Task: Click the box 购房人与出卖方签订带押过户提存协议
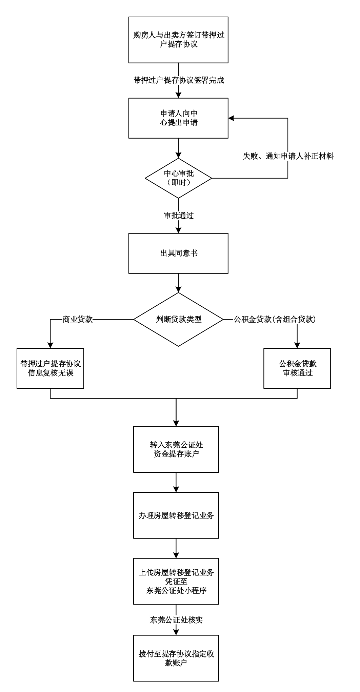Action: [178, 40]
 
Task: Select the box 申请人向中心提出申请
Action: [178, 118]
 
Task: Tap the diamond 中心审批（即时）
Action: [178, 178]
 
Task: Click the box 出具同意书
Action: [178, 253]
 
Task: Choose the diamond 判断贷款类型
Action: [178, 319]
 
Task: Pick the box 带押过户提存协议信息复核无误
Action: [50, 368]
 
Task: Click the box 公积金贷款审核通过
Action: [297, 368]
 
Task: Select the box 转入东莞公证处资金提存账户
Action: [176, 449]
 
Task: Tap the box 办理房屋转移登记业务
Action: [176, 515]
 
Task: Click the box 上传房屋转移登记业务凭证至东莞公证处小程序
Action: [176, 581]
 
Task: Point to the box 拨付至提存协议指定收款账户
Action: [176, 658]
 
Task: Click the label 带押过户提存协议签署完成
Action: [179, 80]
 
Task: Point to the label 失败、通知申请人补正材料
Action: [288, 156]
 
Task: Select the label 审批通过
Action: [179, 215]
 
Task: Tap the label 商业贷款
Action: [78, 319]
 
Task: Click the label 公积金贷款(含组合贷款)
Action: [275, 319]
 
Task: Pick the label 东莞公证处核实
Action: [176, 620]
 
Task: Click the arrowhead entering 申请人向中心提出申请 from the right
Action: [231, 118]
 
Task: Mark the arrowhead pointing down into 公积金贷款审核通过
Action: [297, 346]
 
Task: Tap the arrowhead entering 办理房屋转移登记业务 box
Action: [176, 490]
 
